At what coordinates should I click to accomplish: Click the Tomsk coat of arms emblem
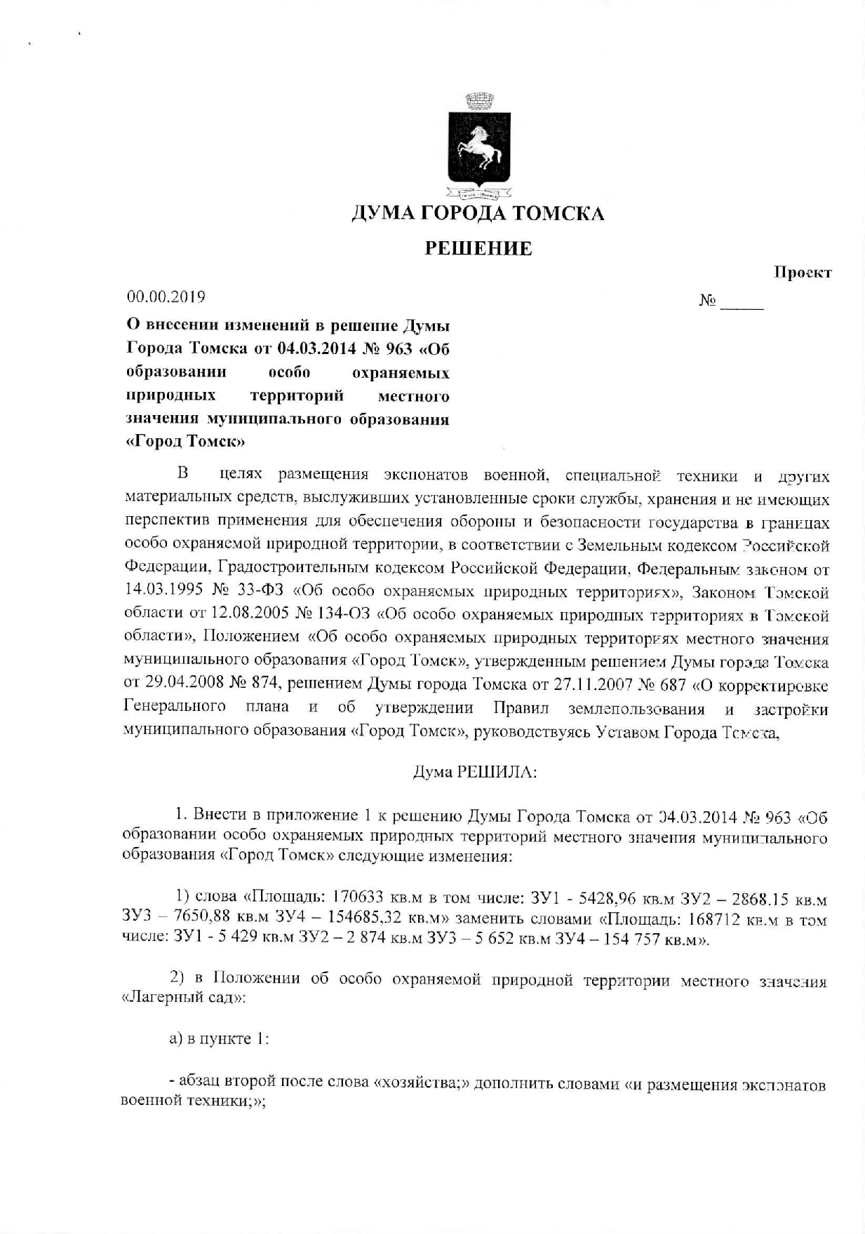(479, 143)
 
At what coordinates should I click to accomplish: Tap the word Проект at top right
(803, 273)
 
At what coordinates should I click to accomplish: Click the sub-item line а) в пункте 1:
(219, 1039)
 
